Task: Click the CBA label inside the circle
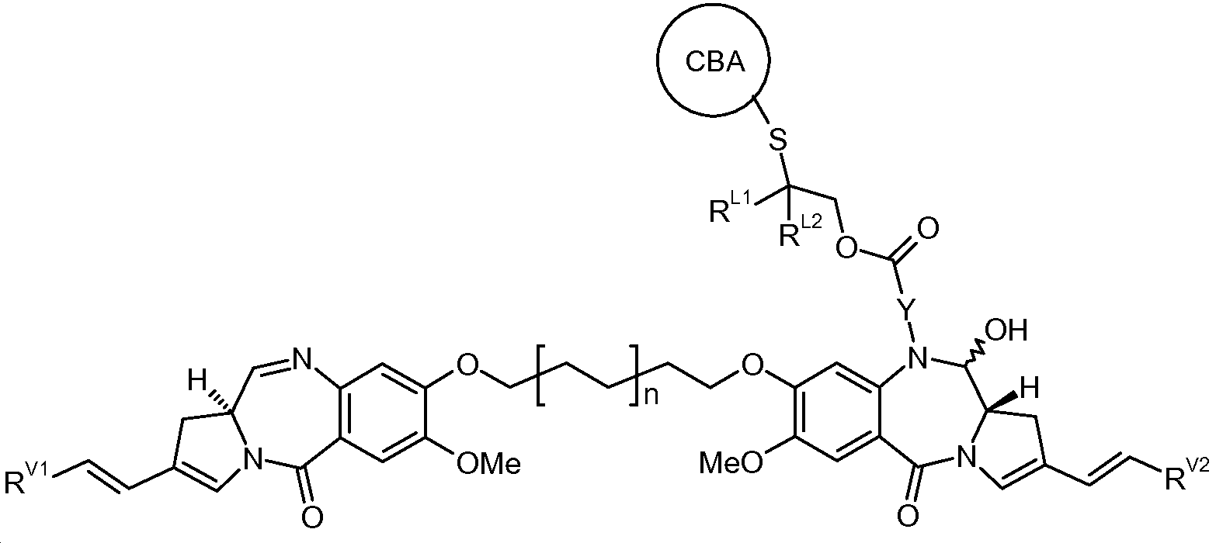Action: point(715,62)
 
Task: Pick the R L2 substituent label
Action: point(801,230)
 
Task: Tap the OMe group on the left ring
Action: point(488,464)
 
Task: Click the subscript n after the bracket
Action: point(651,396)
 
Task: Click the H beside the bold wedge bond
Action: point(1030,389)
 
